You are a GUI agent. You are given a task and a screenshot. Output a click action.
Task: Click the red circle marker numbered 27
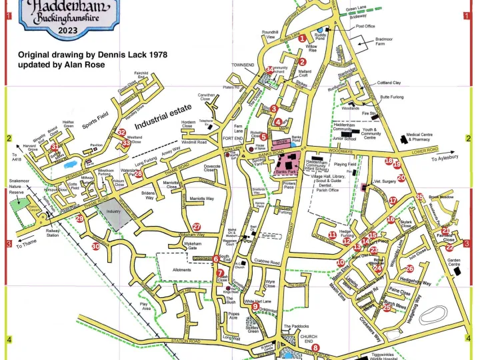(196, 227)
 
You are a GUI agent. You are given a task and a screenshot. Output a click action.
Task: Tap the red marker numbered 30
(96, 247)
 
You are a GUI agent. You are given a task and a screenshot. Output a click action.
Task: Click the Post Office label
(365, 27)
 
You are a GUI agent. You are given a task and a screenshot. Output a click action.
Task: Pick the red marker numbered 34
(269, 69)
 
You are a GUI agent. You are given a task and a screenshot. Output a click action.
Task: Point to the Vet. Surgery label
(385, 181)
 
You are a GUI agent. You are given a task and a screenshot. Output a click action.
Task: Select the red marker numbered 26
(409, 269)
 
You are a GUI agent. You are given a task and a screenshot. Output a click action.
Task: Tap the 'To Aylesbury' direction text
(445, 159)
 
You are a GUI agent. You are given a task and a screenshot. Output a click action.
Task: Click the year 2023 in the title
(67, 30)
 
